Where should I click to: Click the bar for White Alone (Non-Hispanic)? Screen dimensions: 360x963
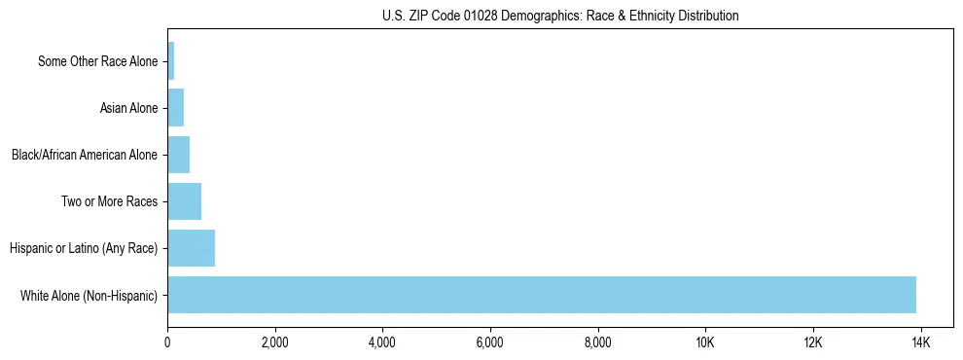tap(541, 295)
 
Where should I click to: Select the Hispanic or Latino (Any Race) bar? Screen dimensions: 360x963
tap(191, 248)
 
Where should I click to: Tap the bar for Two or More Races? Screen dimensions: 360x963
tap(184, 201)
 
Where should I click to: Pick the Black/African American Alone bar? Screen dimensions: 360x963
tap(178, 155)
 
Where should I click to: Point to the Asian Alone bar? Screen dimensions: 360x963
tap(175, 108)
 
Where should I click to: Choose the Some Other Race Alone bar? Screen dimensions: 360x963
tap(170, 61)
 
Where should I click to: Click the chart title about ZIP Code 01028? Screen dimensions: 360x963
tap(560, 16)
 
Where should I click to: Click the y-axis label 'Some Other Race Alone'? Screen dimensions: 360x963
tap(97, 61)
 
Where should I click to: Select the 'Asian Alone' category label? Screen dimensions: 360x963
tap(128, 108)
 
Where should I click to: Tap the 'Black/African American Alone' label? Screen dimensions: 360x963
tap(84, 155)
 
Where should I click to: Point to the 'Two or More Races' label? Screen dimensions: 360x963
tap(109, 201)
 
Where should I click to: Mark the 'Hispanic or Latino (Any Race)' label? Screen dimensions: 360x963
tap(84, 248)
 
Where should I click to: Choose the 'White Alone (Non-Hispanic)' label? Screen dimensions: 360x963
tap(89, 295)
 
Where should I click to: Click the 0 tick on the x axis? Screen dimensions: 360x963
tap(167, 342)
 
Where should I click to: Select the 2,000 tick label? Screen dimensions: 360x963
tap(275, 342)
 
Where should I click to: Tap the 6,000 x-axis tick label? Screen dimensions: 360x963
tap(490, 342)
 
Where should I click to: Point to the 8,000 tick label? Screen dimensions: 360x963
tap(598, 342)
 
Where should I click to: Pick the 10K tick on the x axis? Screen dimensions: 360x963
tap(705, 342)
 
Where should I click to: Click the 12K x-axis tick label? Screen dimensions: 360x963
tap(813, 342)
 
